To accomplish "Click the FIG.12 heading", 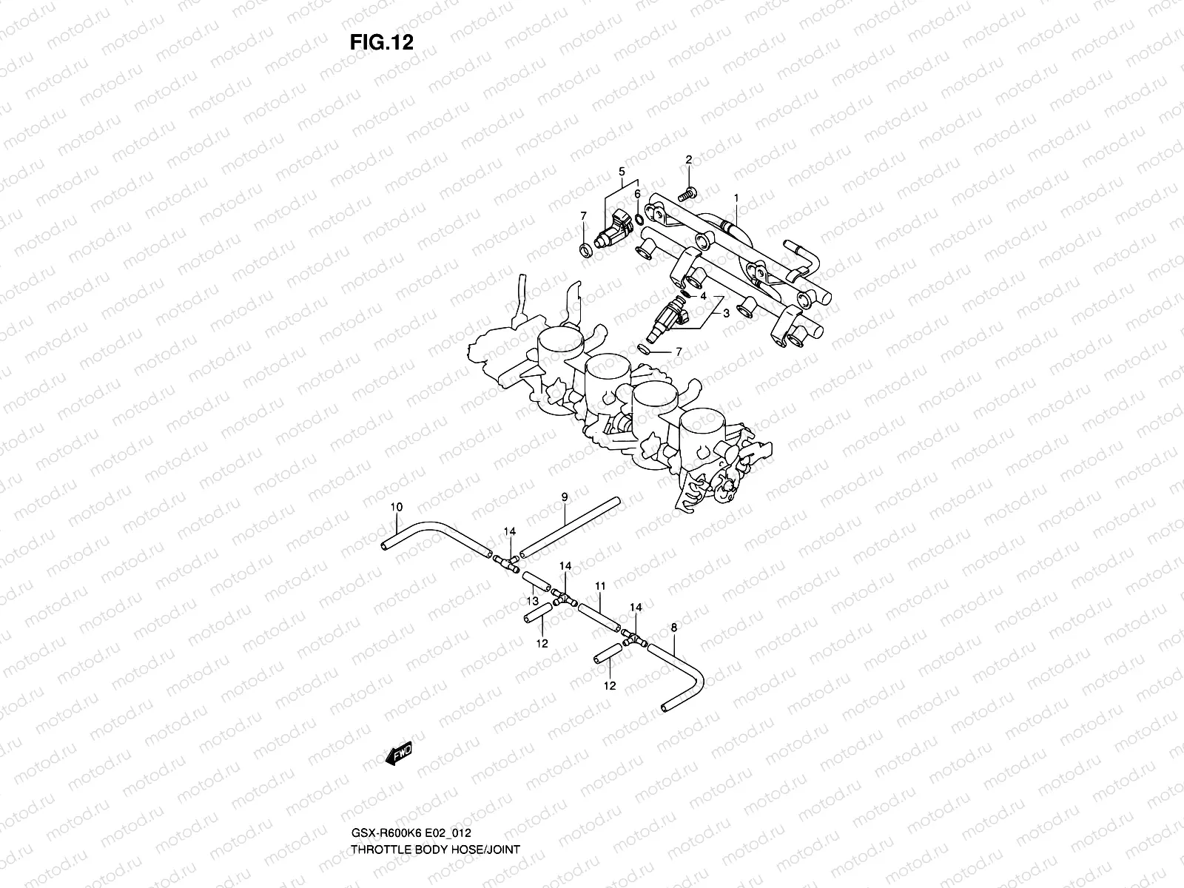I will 381,42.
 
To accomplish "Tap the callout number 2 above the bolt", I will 689,160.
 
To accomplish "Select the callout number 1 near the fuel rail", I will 736,198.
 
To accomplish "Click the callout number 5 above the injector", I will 622,172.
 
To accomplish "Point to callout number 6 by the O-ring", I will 637,194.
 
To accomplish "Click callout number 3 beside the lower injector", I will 726,313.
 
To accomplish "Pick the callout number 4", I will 703,296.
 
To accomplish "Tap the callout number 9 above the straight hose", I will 564,497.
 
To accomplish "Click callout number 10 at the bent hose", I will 396,507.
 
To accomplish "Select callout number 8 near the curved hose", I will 673,628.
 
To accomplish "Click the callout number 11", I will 600,586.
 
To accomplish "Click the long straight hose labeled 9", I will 568,528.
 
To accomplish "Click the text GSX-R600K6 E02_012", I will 417,853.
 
